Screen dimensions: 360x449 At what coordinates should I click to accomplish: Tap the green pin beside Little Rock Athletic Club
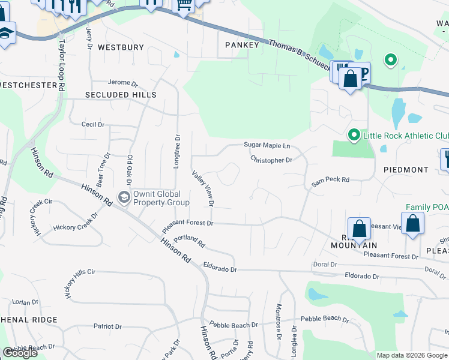[354, 136]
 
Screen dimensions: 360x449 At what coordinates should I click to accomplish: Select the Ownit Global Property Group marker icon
[124, 197]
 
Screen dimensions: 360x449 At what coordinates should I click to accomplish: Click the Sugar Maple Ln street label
[267, 145]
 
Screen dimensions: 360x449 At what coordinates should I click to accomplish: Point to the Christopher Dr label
[271, 160]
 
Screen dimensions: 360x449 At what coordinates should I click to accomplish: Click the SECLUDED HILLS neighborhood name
[121, 95]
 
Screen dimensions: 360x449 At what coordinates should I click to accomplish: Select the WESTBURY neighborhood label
[121, 47]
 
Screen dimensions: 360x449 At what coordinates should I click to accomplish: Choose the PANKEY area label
[242, 45]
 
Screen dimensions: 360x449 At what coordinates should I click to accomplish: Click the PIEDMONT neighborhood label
[406, 170]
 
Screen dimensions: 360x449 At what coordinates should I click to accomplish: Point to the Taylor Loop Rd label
[62, 65]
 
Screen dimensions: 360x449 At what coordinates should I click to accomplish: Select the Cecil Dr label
[93, 125]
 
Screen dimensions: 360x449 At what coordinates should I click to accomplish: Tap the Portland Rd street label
[192, 242]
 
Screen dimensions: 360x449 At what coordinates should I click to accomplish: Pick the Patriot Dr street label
[107, 326]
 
